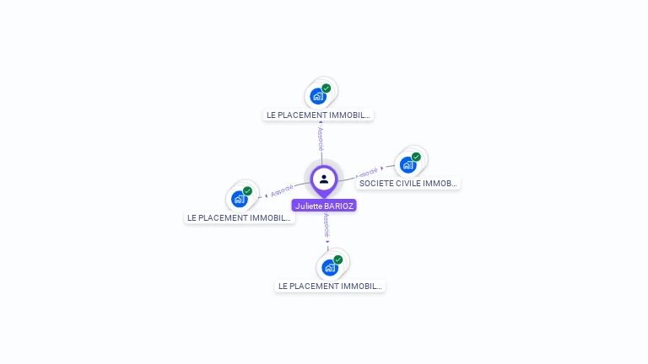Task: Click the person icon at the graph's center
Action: pyautogui.click(x=324, y=179)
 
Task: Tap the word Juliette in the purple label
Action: pyautogui.click(x=309, y=206)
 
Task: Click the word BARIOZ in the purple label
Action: pyautogui.click(x=338, y=206)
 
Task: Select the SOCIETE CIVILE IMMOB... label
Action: pyautogui.click(x=408, y=183)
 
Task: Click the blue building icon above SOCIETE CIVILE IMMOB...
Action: pyautogui.click(x=408, y=164)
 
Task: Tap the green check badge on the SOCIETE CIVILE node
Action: pyautogui.click(x=416, y=157)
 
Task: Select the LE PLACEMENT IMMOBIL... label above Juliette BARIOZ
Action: pyautogui.click(x=318, y=115)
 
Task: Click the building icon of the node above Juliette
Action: pyautogui.click(x=317, y=95)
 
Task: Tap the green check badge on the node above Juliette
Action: pyautogui.click(x=326, y=88)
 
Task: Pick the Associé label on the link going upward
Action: pyautogui.click(x=321, y=138)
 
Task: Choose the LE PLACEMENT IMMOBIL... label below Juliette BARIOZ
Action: pyautogui.click(x=330, y=286)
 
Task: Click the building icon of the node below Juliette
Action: pyautogui.click(x=329, y=267)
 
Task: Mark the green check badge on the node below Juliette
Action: pyautogui.click(x=337, y=260)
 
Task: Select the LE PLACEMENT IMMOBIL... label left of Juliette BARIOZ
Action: pyautogui.click(x=240, y=217)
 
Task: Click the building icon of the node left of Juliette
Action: pyautogui.click(x=239, y=199)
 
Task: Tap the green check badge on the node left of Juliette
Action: pyautogui.click(x=247, y=191)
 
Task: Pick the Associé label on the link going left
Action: pyautogui.click(x=283, y=190)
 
